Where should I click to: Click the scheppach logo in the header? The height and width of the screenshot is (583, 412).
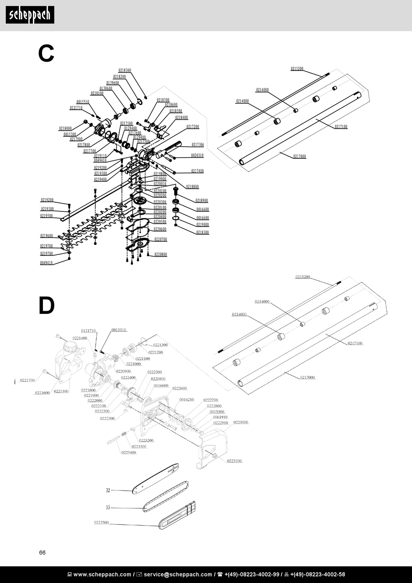point(30,15)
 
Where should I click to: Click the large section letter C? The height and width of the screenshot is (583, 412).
point(46,54)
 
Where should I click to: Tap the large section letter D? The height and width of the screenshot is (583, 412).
point(46,306)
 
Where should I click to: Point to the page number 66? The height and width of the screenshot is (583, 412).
point(42,553)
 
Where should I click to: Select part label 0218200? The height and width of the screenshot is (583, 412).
point(120,76)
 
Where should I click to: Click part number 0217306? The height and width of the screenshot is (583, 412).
point(198,145)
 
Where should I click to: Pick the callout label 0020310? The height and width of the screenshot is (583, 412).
point(197,155)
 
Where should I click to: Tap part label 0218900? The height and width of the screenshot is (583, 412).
point(202,201)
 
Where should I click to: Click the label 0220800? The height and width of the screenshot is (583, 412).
point(160,254)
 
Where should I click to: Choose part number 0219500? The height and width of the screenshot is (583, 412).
point(47,216)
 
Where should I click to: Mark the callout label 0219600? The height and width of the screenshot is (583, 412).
point(47,236)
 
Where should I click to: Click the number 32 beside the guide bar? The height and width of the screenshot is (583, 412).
point(108,491)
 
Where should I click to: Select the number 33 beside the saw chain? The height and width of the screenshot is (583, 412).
point(108,507)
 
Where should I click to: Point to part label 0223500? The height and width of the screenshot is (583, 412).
point(101,522)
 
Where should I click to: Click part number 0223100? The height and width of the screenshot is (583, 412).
point(235,461)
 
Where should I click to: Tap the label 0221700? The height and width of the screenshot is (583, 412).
point(27,380)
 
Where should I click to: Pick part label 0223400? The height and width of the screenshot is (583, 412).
point(129,452)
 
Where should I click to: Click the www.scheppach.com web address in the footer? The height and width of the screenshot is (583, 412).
point(102,574)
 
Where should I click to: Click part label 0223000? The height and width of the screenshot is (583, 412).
point(241,422)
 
